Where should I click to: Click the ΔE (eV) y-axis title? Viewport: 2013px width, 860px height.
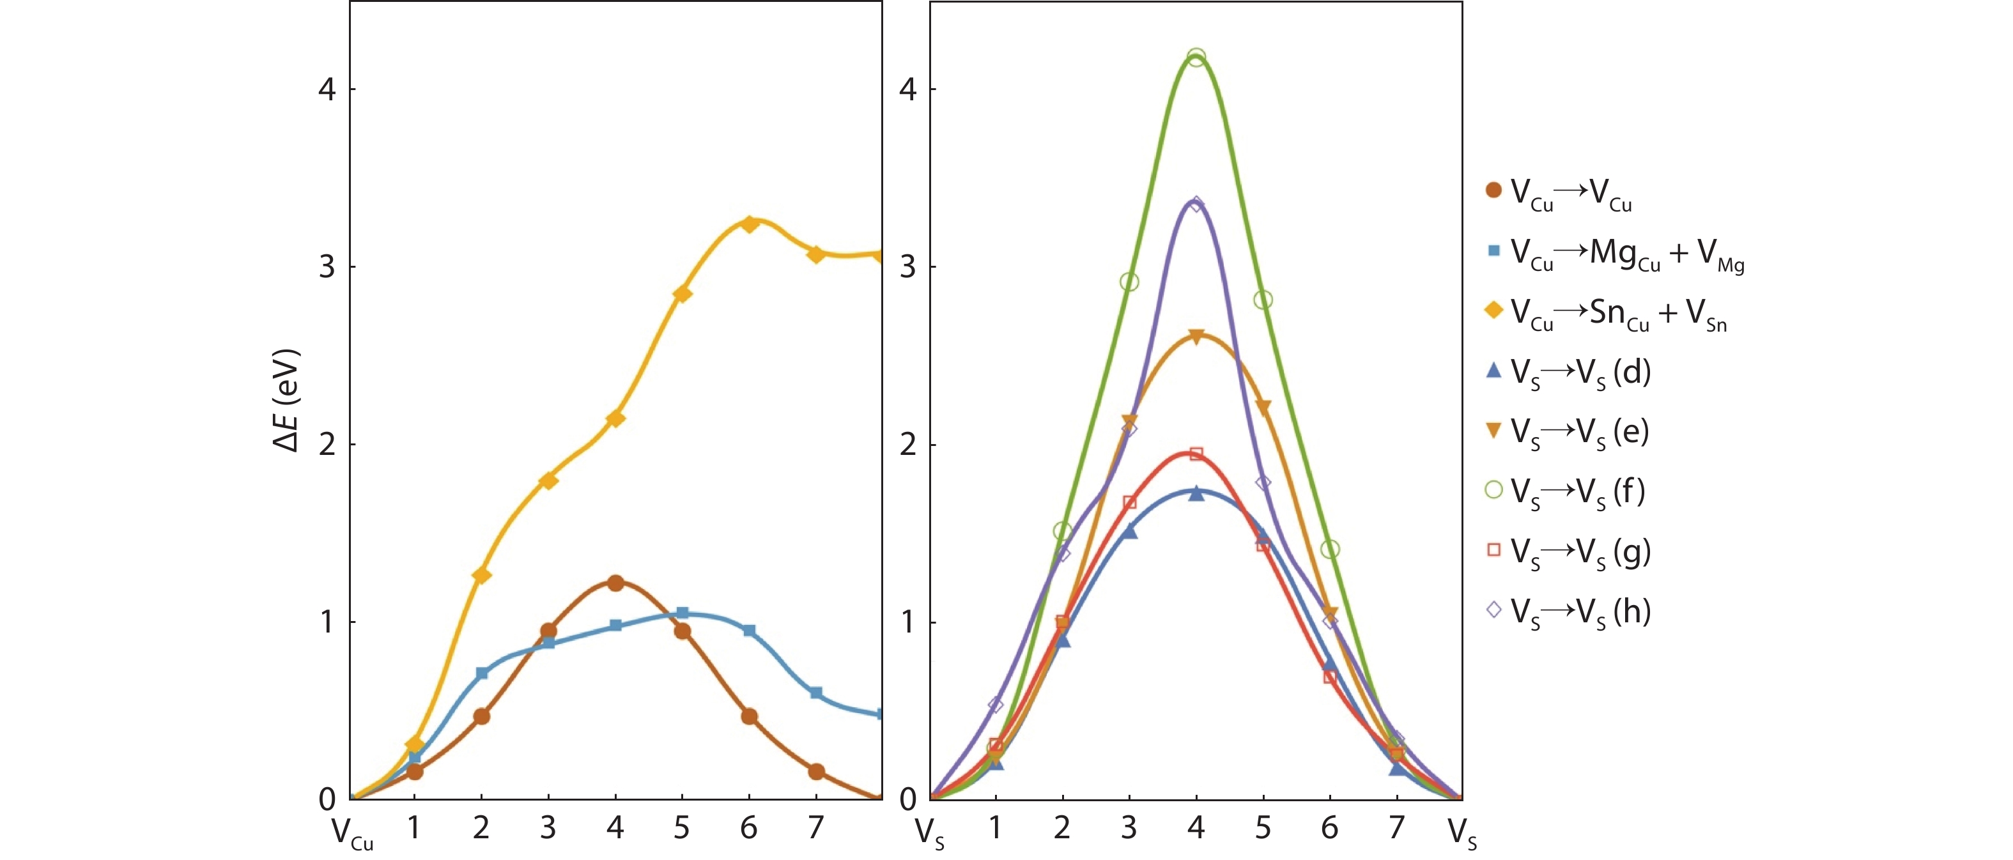pos(286,400)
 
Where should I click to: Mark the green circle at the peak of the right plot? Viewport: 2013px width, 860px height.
pos(1196,58)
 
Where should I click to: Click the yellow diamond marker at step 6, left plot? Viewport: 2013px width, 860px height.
pos(750,224)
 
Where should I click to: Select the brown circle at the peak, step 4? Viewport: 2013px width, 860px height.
pos(615,583)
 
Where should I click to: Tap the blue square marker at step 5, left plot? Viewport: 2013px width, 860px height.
pos(683,613)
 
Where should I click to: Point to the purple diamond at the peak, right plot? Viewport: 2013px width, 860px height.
pos(1196,204)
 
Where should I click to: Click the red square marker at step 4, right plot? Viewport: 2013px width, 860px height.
pos(1196,454)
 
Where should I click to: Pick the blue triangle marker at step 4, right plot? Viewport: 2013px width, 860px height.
pos(1196,494)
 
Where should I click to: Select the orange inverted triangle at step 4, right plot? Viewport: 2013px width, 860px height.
pos(1196,337)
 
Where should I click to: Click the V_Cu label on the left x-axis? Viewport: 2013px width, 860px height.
pos(351,832)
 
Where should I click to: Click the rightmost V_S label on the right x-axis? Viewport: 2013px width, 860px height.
pos(1462,832)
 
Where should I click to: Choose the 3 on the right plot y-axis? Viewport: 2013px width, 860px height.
pos(907,267)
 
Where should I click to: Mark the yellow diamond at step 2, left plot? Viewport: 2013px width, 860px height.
pos(481,576)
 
